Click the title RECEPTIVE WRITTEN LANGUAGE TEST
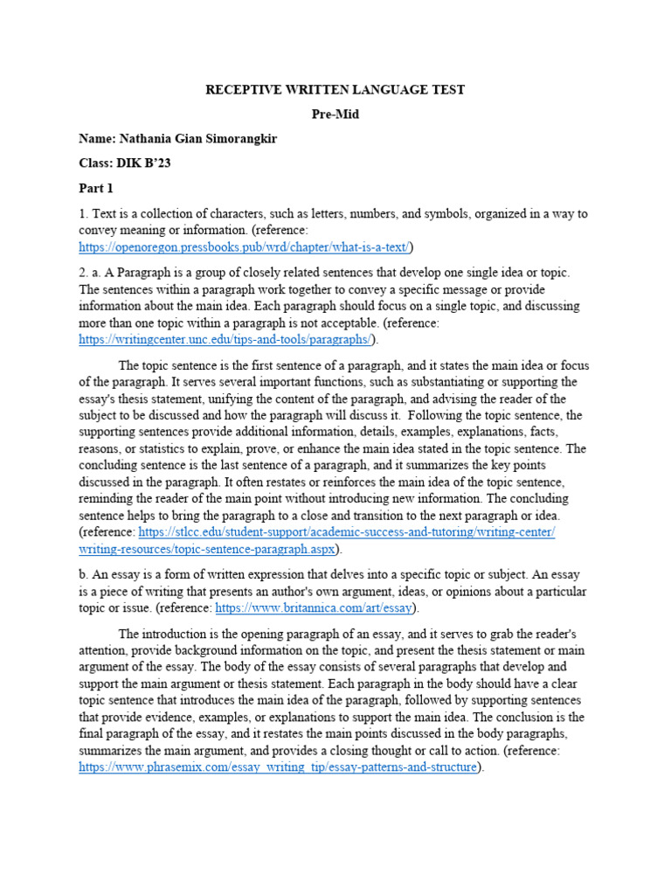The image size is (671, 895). click(x=335, y=89)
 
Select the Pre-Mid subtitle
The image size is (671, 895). click(x=335, y=114)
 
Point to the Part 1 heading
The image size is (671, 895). click(x=96, y=189)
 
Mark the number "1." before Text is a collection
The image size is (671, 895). click(x=84, y=213)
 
